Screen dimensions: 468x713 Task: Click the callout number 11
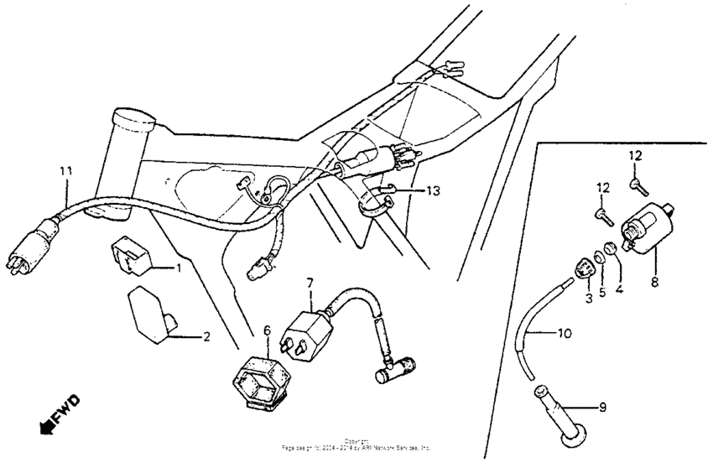click(65, 171)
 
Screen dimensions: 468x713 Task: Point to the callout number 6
click(268, 332)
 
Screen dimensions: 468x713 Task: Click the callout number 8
click(655, 283)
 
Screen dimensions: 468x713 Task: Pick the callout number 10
click(564, 333)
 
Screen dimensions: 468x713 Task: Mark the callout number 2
click(206, 337)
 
